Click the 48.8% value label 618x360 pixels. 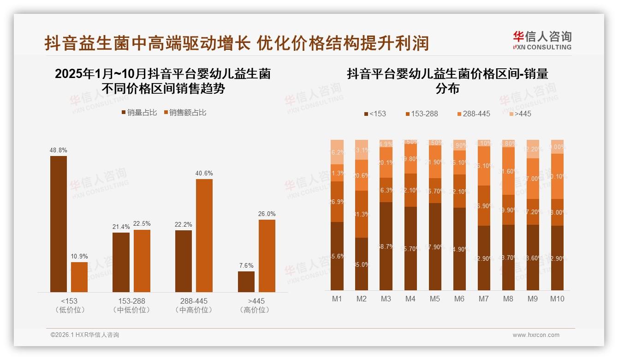[x=58, y=150]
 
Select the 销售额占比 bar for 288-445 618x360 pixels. [x=204, y=235]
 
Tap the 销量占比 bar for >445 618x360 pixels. [x=246, y=282]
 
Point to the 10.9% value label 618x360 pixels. [x=79, y=256]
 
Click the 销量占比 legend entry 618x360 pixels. [x=139, y=113]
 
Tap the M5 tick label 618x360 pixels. [x=434, y=299]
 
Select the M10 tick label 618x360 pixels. [x=557, y=299]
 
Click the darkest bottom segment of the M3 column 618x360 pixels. [x=386, y=246]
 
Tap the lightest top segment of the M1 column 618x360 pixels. [x=337, y=152]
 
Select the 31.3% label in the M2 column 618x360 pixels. [x=362, y=214]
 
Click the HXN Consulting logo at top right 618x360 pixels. [x=542, y=41]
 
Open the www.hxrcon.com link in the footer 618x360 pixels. [x=536, y=335]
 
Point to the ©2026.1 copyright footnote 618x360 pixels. [x=84, y=335]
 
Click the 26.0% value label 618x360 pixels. [x=267, y=214]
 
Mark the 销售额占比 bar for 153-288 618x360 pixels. [x=142, y=261]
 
